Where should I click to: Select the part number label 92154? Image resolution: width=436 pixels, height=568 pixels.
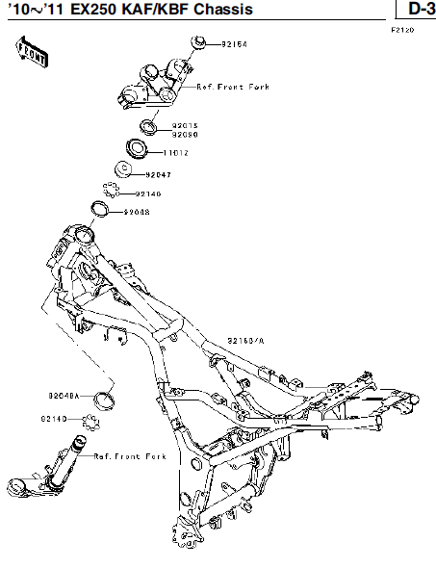tap(234, 44)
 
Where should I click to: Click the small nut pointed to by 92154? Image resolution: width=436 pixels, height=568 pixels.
tap(198, 42)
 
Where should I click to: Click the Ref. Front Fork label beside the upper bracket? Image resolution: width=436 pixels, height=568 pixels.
tap(232, 87)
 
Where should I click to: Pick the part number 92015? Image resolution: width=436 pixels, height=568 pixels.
tap(185, 125)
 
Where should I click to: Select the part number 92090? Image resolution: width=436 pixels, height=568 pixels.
tap(185, 134)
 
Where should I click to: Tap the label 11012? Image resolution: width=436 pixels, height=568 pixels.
tap(175, 152)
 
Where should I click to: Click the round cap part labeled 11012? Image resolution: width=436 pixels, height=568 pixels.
tap(137, 149)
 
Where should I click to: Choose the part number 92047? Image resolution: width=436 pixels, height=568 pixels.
tap(159, 174)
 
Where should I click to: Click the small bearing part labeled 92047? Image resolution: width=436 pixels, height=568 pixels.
tap(124, 171)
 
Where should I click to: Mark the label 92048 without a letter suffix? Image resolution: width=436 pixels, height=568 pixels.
tap(136, 212)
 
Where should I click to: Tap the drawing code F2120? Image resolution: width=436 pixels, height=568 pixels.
tap(401, 31)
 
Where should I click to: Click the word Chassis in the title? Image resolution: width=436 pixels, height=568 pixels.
tap(223, 10)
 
